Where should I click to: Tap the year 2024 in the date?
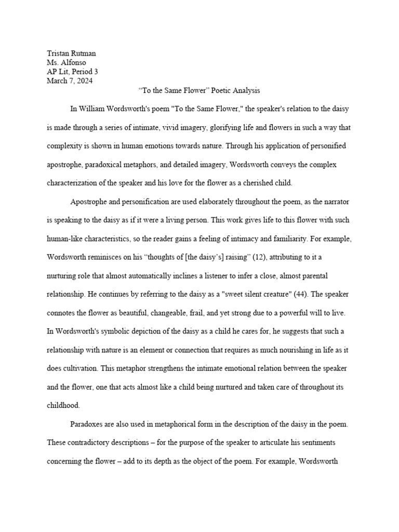pyautogui.click(x=84, y=81)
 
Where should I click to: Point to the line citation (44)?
pyautogui.click(x=301, y=294)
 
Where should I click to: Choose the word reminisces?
pyautogui.click(x=110, y=256)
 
